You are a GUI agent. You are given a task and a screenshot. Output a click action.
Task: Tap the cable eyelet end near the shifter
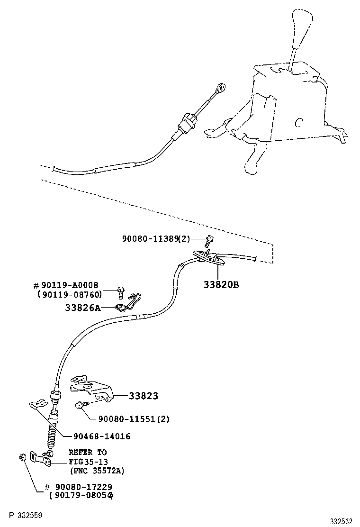coord(220,88)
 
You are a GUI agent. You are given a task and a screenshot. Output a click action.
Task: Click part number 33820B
coord(221,284)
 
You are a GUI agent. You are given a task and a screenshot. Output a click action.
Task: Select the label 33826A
coord(83,308)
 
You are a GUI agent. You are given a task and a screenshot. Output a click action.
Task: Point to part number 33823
coord(143,396)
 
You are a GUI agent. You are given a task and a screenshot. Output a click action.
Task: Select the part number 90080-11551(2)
coord(134,419)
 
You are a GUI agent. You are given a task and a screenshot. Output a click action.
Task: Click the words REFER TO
coord(88,452)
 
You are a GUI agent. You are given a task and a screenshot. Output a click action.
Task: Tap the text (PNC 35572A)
coord(97,471)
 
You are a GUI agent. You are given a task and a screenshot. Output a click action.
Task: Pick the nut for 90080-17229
coord(22,457)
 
